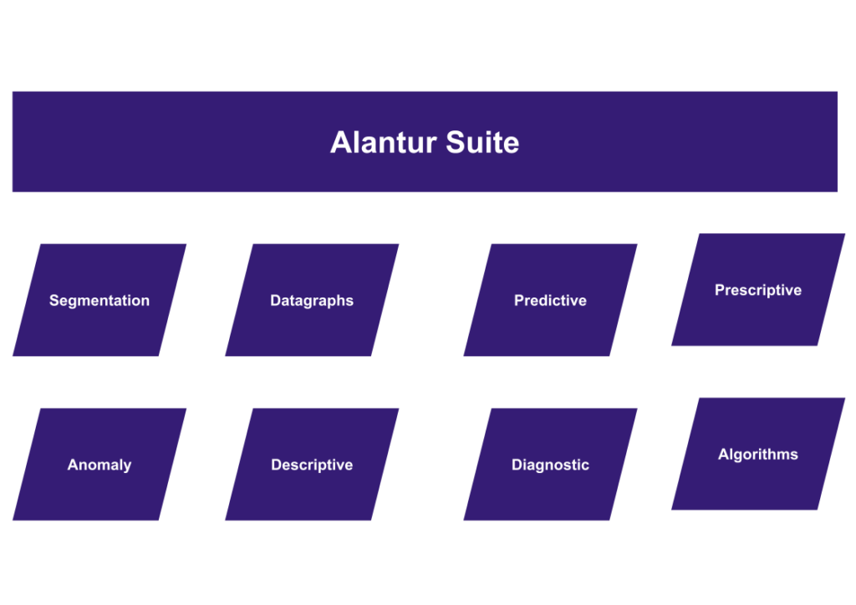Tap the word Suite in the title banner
pyautogui.click(x=482, y=142)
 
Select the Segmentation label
pyautogui.click(x=99, y=301)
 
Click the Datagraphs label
pyautogui.click(x=312, y=301)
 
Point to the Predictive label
pyautogui.click(x=550, y=301)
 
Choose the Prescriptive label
pyautogui.click(x=758, y=291)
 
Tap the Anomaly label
pyautogui.click(x=99, y=465)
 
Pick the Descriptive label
pyautogui.click(x=312, y=465)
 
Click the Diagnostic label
pyautogui.click(x=550, y=465)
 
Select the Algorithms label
pyautogui.click(x=758, y=455)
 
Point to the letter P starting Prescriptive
pyautogui.click(x=720, y=291)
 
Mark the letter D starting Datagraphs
pyautogui.click(x=275, y=301)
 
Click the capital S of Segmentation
pyautogui.click(x=53, y=301)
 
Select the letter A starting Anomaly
pyautogui.click(x=73, y=465)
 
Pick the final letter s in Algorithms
pyautogui.click(x=794, y=455)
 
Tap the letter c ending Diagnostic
pyautogui.click(x=585, y=466)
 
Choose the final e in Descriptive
pyautogui.click(x=349, y=466)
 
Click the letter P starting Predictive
pyautogui.click(x=519, y=301)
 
